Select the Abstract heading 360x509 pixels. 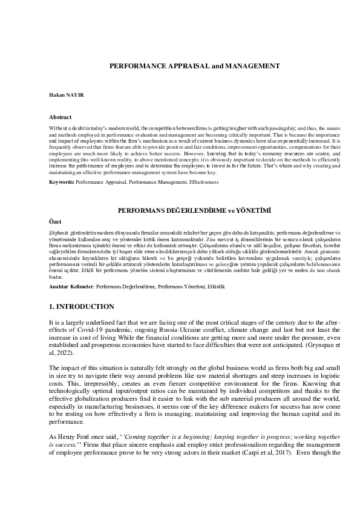(x=61, y=117)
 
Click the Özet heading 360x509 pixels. (x=56, y=222)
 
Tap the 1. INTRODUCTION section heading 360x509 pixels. (x=82, y=307)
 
